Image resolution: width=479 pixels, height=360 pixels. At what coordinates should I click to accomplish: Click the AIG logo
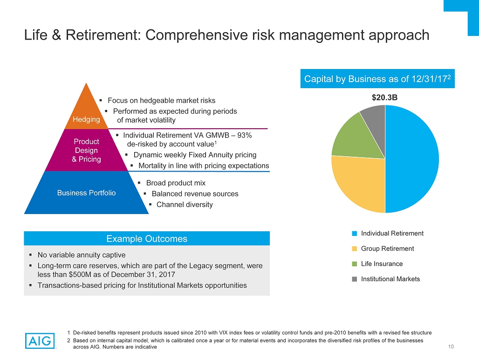40,340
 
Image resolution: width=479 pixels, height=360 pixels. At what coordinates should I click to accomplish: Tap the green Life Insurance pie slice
354,135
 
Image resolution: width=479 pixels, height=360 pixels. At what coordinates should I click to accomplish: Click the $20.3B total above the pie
384,98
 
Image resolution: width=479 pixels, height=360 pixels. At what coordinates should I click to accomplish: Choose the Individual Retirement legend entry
392,233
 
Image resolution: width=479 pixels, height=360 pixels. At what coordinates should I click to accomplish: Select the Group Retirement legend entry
387,249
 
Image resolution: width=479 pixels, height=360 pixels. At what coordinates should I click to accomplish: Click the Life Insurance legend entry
382,264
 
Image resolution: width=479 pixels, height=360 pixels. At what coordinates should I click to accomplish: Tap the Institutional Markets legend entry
390,279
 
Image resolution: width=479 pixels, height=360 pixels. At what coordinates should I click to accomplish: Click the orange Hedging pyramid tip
86,112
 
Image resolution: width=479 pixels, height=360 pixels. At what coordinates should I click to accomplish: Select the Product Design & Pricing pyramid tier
86,150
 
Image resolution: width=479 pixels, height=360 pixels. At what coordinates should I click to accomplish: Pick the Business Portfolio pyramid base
86,193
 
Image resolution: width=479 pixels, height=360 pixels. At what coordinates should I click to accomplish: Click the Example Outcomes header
147,239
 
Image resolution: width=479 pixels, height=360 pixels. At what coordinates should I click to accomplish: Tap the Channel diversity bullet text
185,205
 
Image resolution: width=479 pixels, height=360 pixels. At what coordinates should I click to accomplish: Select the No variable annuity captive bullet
82,255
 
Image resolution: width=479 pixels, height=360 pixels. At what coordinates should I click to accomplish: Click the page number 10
451,346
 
